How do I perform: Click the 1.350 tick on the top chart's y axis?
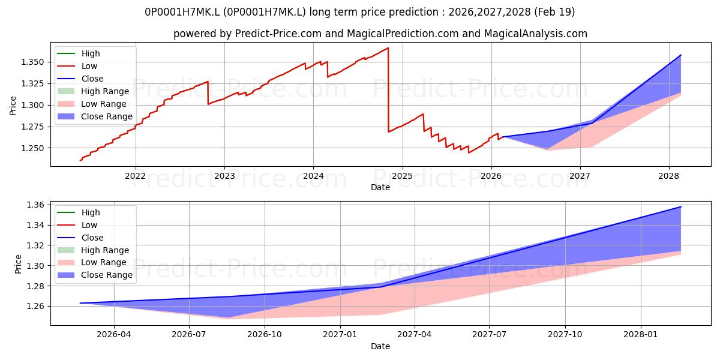click(32, 62)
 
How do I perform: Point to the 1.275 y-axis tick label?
click(32, 127)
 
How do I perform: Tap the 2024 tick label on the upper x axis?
click(313, 176)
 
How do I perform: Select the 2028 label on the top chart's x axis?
click(669, 176)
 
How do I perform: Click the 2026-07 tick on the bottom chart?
click(189, 335)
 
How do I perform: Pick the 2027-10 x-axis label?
click(565, 335)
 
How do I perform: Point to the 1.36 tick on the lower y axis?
click(35, 205)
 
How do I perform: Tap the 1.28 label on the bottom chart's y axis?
click(35, 286)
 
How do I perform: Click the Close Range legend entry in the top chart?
click(95, 116)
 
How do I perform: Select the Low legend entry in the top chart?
click(77, 66)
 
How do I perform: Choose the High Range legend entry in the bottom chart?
click(93, 250)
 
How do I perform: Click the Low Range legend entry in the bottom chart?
click(92, 262)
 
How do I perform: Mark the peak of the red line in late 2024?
click(388, 48)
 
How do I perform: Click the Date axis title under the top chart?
click(380, 187)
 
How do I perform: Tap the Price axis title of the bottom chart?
click(18, 264)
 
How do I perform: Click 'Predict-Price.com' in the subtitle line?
click(278, 34)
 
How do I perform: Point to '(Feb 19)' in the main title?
click(554, 12)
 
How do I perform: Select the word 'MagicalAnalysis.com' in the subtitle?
click(535, 34)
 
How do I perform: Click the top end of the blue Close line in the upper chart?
click(681, 55)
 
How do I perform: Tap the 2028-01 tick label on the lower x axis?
click(641, 335)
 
